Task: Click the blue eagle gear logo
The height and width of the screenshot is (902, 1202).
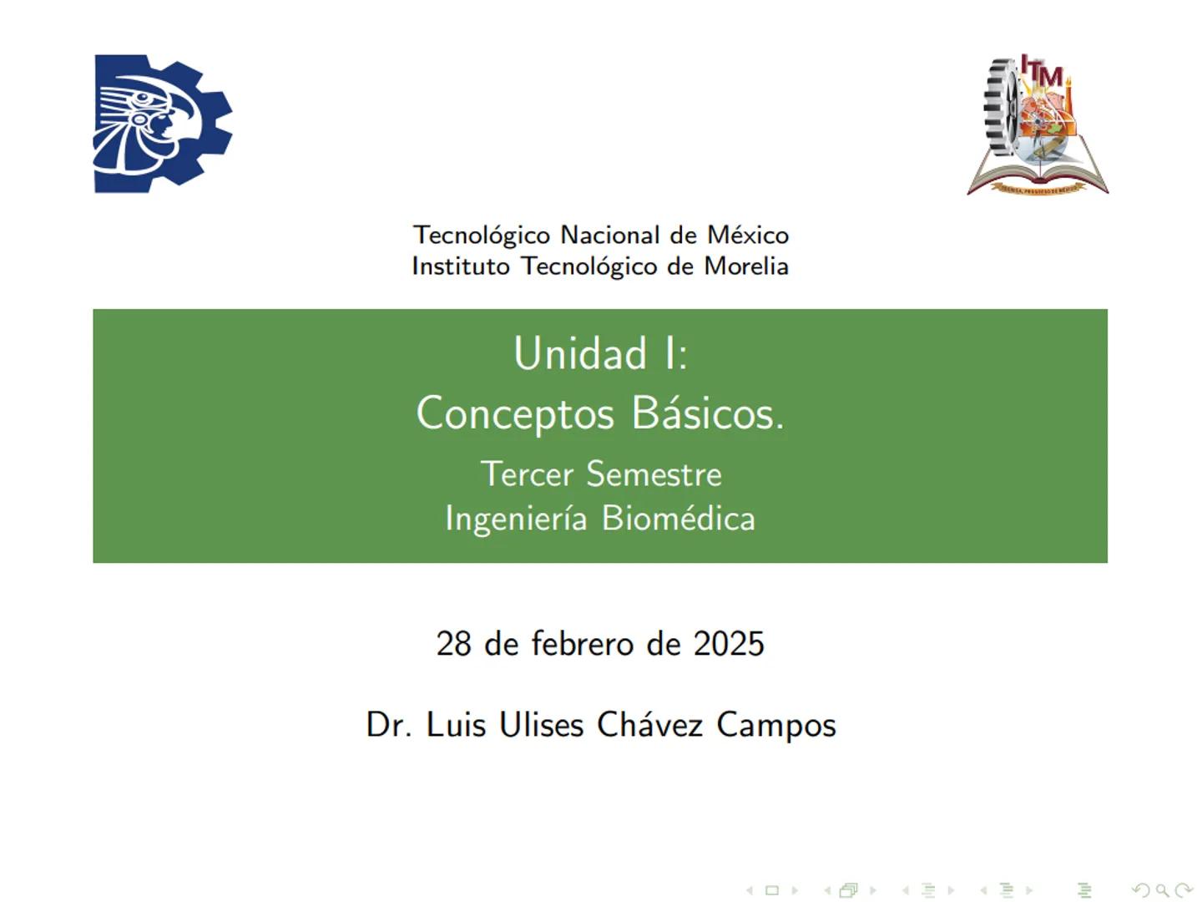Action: point(162,124)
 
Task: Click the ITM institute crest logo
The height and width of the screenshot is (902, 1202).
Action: point(1038,125)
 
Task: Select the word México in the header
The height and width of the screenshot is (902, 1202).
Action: point(747,235)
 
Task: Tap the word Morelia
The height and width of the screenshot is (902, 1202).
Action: point(746,266)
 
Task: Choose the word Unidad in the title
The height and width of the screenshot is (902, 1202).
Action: point(580,353)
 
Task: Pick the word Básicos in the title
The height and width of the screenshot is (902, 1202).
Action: point(707,413)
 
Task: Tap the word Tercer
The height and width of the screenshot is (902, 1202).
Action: point(528,474)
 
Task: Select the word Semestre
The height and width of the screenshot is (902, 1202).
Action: point(654,474)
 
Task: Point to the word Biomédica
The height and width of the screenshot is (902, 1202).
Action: point(678,519)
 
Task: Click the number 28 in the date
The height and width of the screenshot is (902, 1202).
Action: point(453,644)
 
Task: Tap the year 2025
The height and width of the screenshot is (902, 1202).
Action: point(729,644)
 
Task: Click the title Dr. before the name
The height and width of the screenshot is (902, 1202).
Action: point(388,725)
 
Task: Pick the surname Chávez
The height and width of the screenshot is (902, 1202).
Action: point(649,725)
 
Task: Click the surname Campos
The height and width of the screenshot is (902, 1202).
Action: point(776,725)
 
